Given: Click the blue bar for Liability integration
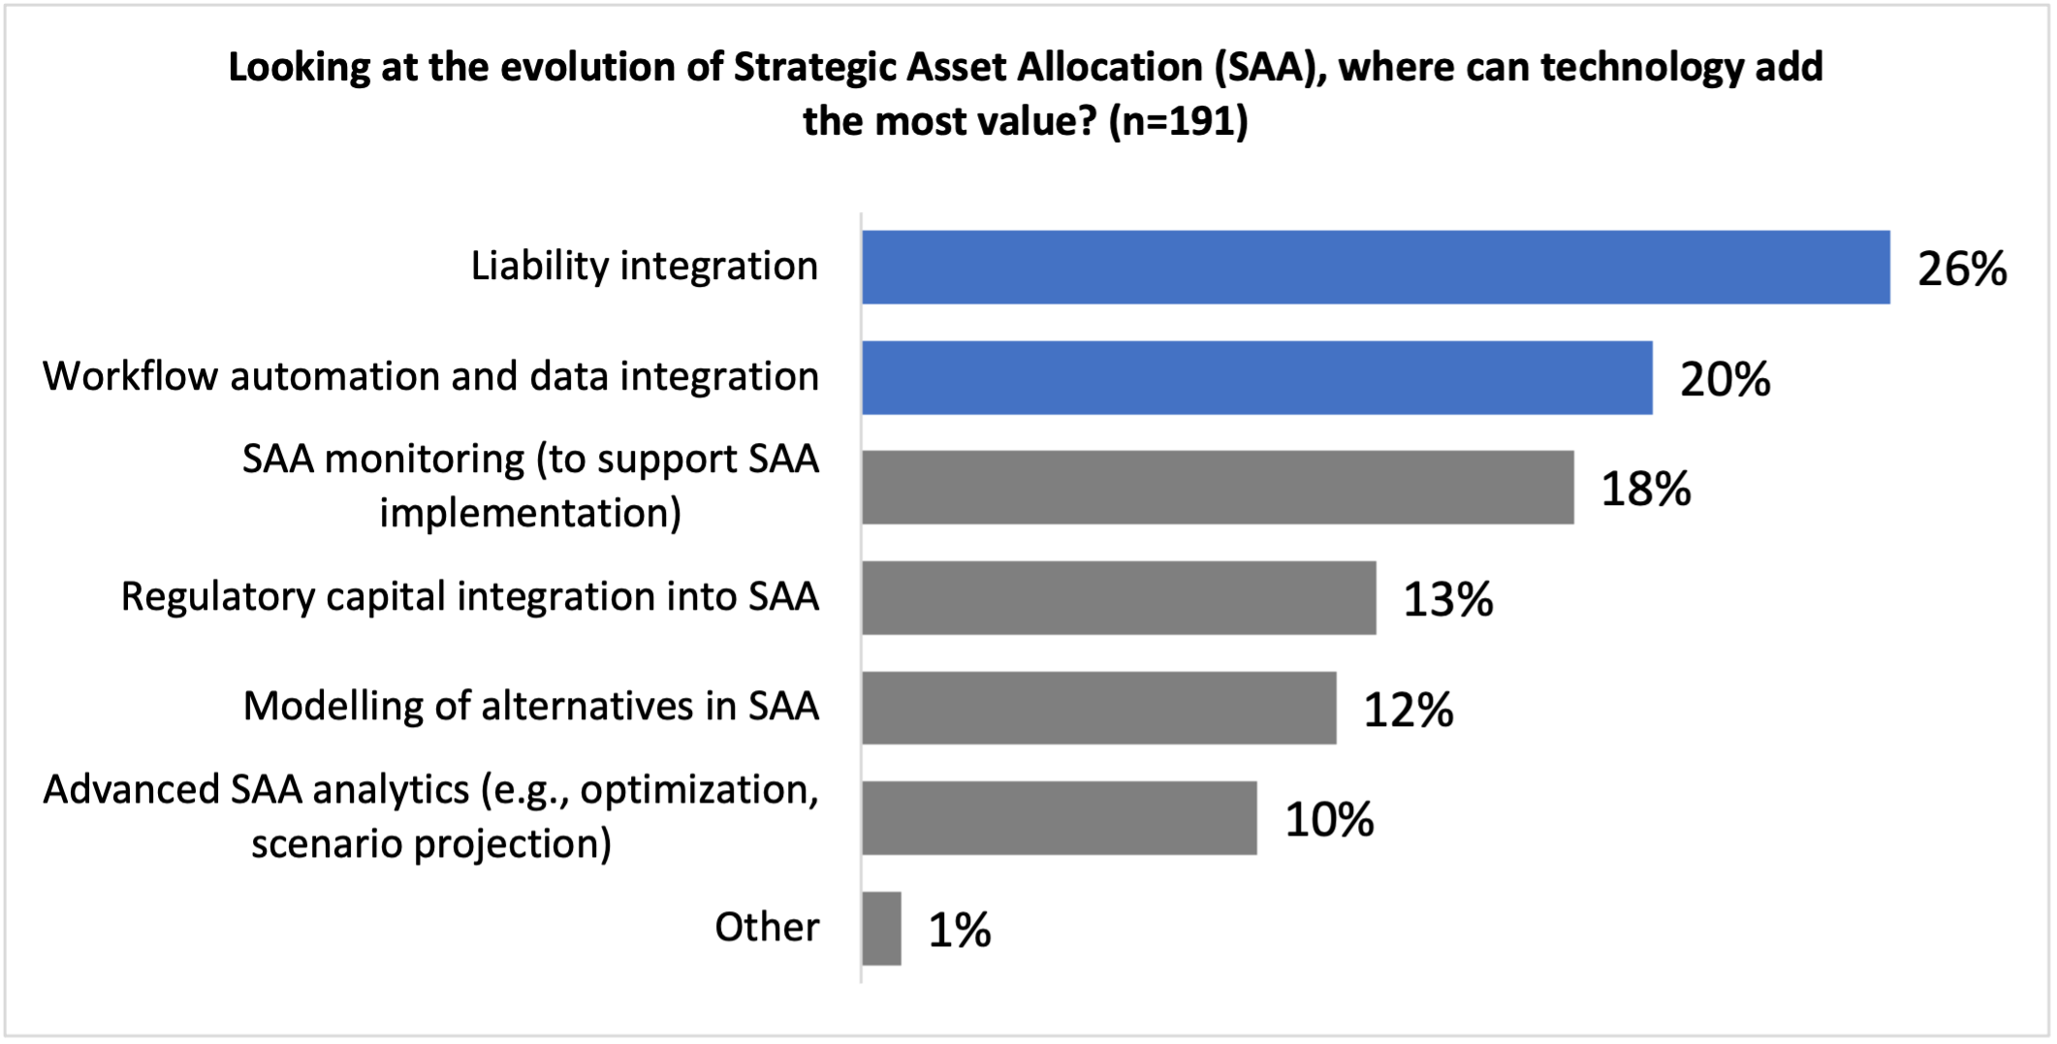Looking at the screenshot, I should tap(1375, 268).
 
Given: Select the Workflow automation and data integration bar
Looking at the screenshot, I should tap(1256, 378).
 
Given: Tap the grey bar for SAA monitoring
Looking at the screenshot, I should tap(1218, 488).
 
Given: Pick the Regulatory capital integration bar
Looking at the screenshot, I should tap(1119, 598).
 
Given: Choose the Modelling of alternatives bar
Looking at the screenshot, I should tap(1098, 708).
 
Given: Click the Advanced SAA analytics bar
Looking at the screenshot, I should tap(1059, 818).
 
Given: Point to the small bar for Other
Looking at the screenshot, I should tap(881, 929).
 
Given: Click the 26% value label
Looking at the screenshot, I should tap(1961, 269).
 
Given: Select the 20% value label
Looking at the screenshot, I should tap(1725, 379).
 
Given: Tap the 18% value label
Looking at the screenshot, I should tap(1645, 489).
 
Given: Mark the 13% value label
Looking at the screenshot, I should tap(1447, 599).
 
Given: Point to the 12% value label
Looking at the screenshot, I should tap(1408, 710).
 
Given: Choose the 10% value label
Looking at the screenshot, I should tap(1329, 819).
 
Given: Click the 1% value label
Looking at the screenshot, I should tap(959, 930).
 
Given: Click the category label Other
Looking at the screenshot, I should tap(767, 928).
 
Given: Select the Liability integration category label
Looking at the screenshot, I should tap(645, 267).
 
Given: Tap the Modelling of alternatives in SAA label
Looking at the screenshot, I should tap(531, 707).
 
